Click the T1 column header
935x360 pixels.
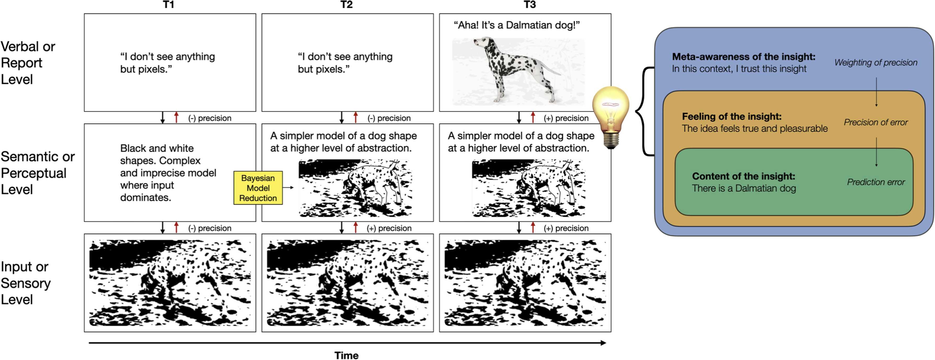tap(168, 5)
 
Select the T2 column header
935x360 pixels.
tap(346, 5)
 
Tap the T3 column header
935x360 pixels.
tap(530, 5)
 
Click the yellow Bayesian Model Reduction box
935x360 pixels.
tap(258, 188)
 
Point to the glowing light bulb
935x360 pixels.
tap(611, 116)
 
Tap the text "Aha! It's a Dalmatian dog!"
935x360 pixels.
tap(517, 25)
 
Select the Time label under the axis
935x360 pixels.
tap(346, 355)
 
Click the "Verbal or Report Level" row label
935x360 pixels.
tap(28, 63)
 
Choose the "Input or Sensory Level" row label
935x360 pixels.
tap(25, 283)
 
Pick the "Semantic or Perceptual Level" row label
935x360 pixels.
tap(37, 173)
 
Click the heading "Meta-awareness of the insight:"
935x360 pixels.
tap(743, 57)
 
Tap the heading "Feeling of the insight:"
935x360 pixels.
tap(731, 117)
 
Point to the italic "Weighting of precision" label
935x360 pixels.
tap(875, 62)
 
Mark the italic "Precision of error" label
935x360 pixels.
tap(875, 122)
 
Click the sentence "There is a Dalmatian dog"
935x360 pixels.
tap(744, 188)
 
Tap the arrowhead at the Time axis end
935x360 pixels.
tap(603, 342)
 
